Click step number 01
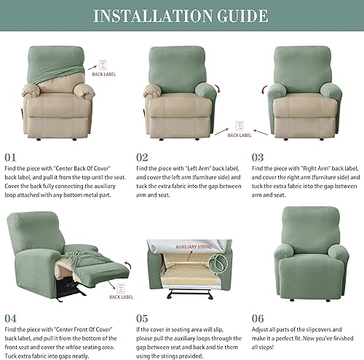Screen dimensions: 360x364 coord(11,157)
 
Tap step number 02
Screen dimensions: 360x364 coord(141,157)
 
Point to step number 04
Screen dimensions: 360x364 coord(12,318)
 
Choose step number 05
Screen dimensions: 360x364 coord(141,318)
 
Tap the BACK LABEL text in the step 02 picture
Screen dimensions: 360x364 coord(240,135)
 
